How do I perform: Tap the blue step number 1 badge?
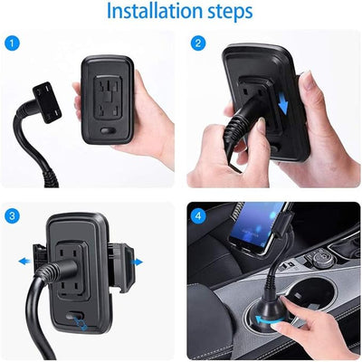click(12, 43)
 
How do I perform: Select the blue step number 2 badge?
click(199, 43)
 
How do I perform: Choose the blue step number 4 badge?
click(199, 214)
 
